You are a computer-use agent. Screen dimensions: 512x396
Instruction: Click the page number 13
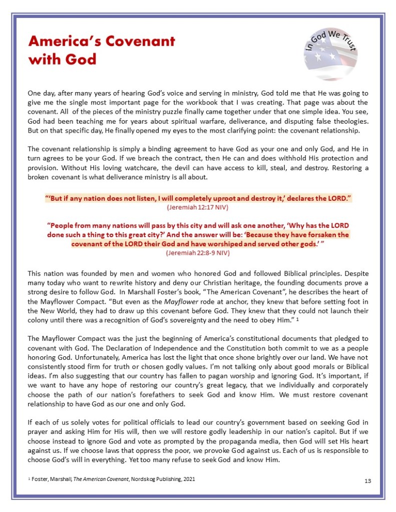coord(367,481)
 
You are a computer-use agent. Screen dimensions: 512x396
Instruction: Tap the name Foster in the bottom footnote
coord(43,479)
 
